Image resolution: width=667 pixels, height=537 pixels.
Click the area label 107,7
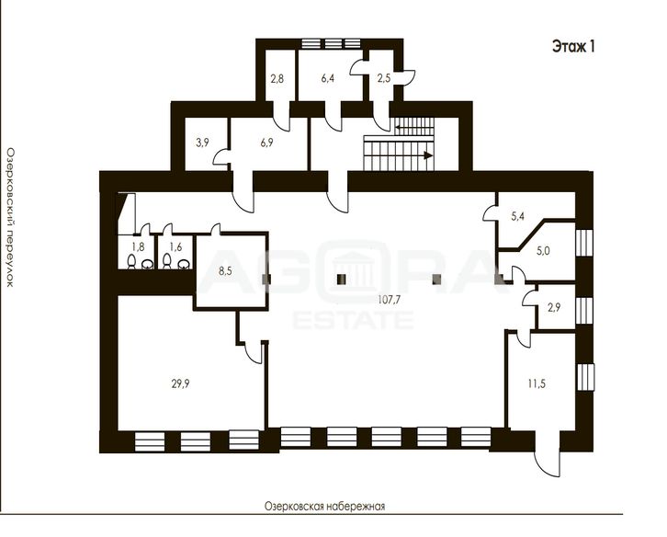(390, 300)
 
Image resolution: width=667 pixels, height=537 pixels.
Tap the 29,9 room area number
(180, 384)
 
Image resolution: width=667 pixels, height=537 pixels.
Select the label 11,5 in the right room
(537, 384)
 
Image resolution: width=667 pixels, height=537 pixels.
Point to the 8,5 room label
(225, 271)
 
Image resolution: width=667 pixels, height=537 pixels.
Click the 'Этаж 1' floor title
(573, 46)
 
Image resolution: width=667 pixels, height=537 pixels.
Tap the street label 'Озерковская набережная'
(324, 507)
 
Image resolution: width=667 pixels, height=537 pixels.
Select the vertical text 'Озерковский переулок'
(10, 217)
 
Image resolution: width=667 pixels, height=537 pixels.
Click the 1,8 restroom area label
(138, 246)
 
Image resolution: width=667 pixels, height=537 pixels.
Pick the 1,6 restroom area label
(175, 246)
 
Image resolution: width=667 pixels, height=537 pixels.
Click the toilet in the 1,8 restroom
(132, 261)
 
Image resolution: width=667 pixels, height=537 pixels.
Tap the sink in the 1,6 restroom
(184, 264)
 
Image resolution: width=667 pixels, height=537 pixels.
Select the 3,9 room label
(202, 143)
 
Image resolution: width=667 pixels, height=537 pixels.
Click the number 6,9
(266, 143)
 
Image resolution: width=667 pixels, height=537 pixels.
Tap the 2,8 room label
(277, 78)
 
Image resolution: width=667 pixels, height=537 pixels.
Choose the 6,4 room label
(328, 78)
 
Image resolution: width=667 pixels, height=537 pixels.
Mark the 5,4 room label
(517, 216)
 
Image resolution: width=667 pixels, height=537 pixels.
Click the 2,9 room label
(554, 307)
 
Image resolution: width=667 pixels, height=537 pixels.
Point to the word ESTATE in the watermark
(353, 320)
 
